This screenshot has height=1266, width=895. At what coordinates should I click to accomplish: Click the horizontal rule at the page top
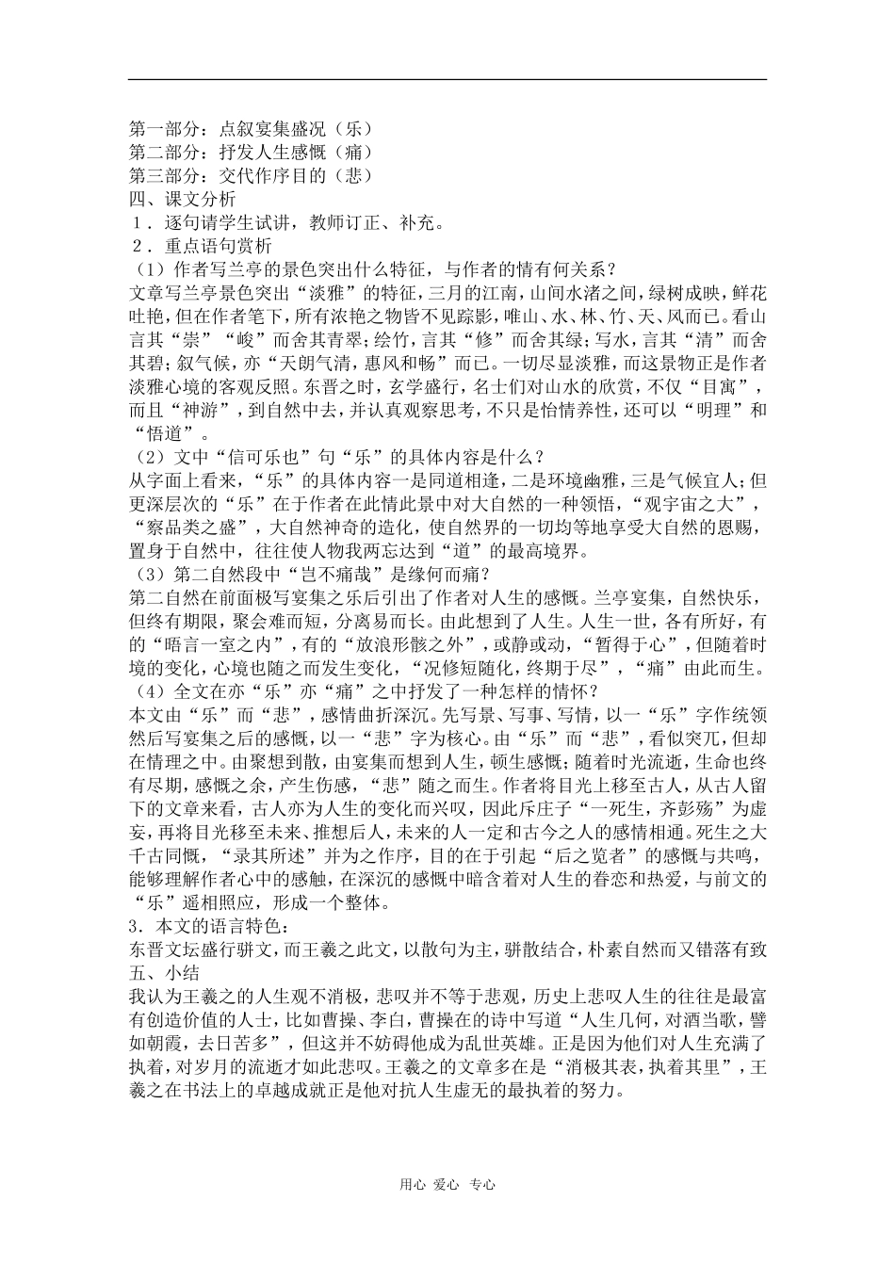pos(447,79)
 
